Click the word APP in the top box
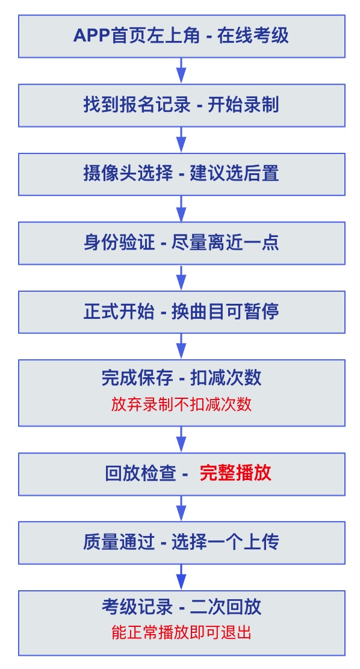pos(91,36)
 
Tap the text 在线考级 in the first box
pos(253,36)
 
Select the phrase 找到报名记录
pos(137,105)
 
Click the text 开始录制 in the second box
pos(243,105)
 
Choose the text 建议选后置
pos(234,174)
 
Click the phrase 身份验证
pos(119,243)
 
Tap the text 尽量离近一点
pos(226,243)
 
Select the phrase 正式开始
pos(119,312)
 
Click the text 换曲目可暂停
pos(226,312)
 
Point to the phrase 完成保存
pos(137,378)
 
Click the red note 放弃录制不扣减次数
pos(181,404)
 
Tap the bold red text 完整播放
pos(235,474)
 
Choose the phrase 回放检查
pos(140,474)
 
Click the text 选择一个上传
pos(226,543)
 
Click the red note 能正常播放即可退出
pos(181,633)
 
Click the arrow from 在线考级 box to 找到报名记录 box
pos(181,71)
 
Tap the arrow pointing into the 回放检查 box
pos(181,439)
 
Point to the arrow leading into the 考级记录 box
pos(181,578)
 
